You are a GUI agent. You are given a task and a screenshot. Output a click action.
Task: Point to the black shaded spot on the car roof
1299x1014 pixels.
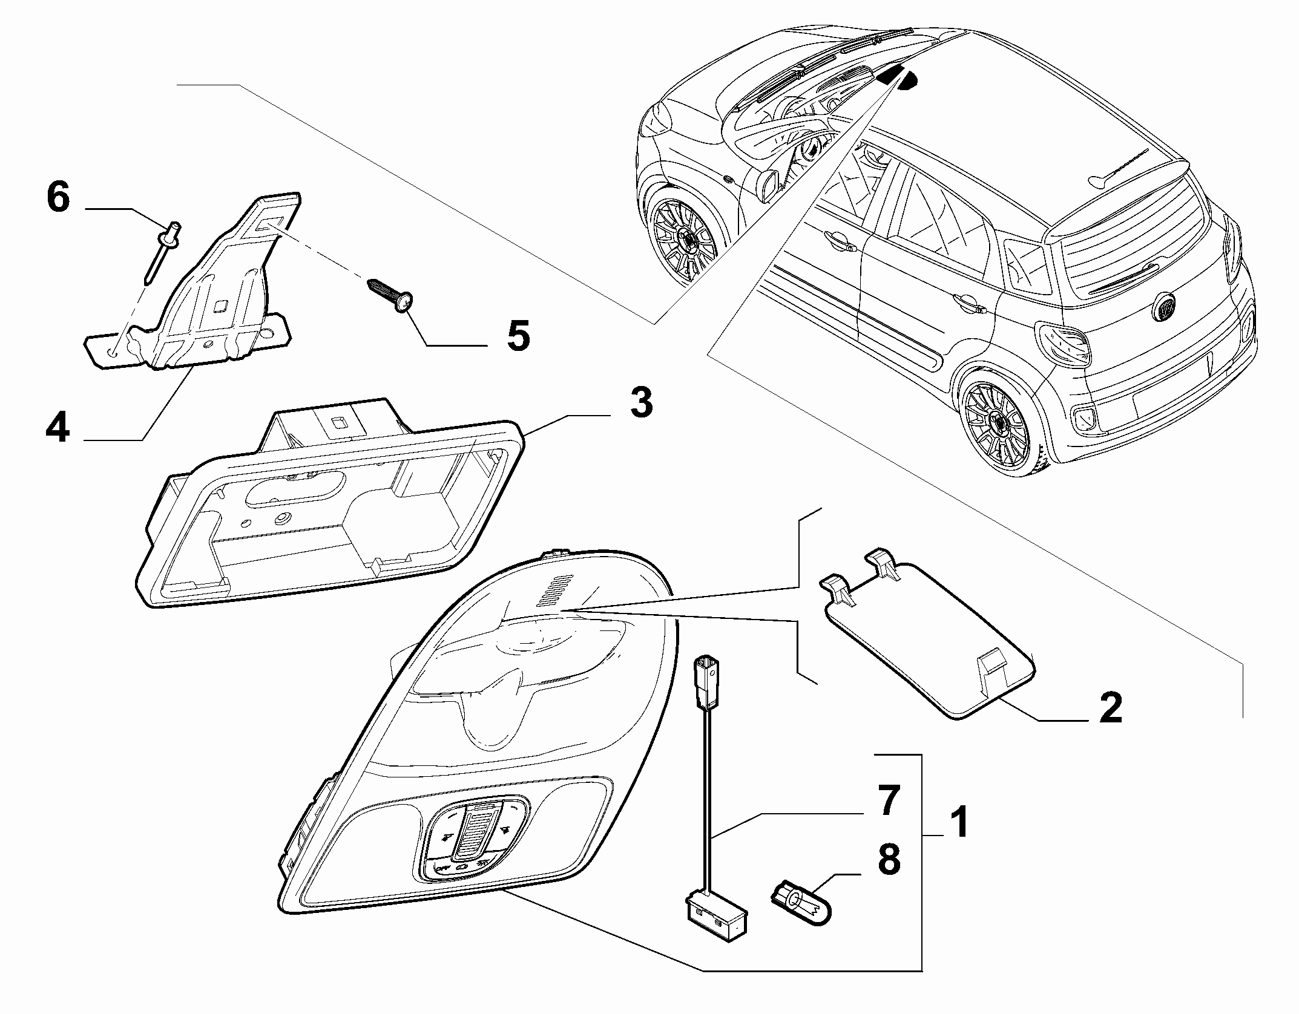point(899,77)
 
